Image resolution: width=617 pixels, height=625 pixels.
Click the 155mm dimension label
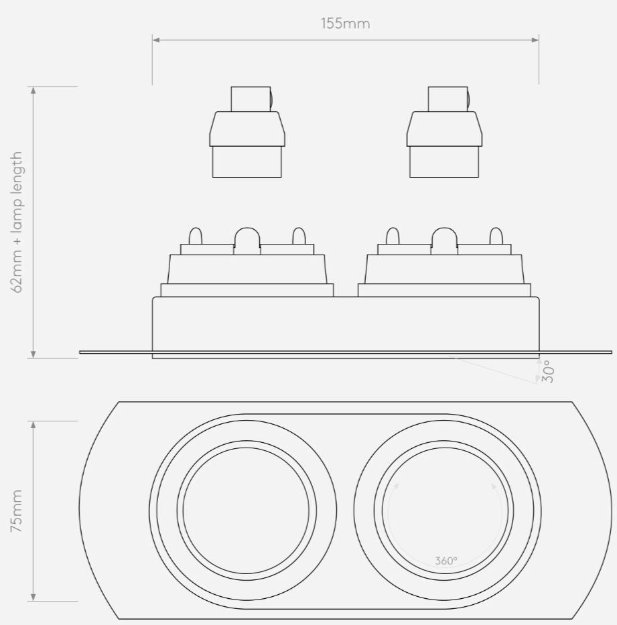coord(345,24)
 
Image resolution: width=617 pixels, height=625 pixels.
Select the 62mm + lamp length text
coord(18,222)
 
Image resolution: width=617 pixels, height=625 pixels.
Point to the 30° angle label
coord(548,371)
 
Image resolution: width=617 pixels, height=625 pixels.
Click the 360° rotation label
coord(445,561)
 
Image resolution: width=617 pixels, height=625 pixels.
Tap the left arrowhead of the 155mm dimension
coord(156,40)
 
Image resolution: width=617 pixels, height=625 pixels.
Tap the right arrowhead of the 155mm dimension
coord(535,40)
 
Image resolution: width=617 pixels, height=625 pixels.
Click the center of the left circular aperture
coord(247,510)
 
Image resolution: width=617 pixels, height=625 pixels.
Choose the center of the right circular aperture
coord(443,510)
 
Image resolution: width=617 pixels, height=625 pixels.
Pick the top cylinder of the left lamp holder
coord(251,98)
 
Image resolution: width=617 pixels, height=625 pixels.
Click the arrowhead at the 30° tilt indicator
coord(537,381)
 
